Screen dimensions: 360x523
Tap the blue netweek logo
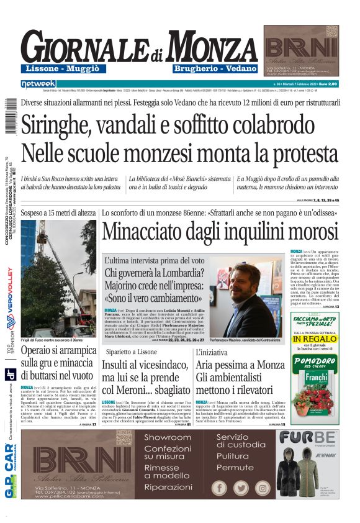coord(38,83)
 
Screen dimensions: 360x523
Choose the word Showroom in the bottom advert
coord(167,437)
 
